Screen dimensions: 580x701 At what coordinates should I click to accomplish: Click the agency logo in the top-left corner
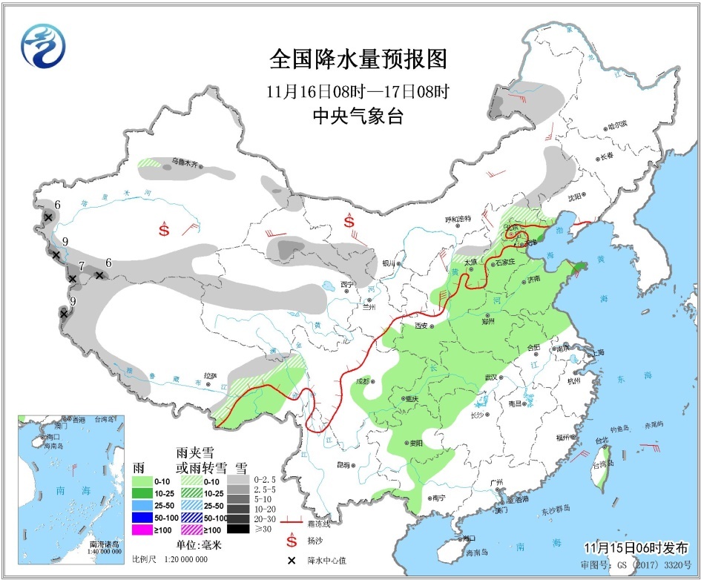point(43,46)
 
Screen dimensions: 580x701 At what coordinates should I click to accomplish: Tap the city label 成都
point(362,381)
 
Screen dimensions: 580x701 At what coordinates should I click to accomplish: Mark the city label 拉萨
point(211,376)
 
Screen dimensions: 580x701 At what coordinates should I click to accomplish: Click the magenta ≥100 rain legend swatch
point(141,530)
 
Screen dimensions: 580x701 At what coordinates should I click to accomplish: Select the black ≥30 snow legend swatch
point(238,529)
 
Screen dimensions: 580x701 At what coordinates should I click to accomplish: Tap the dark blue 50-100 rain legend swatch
point(141,517)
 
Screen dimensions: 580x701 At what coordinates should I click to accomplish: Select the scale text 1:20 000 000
point(184,559)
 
